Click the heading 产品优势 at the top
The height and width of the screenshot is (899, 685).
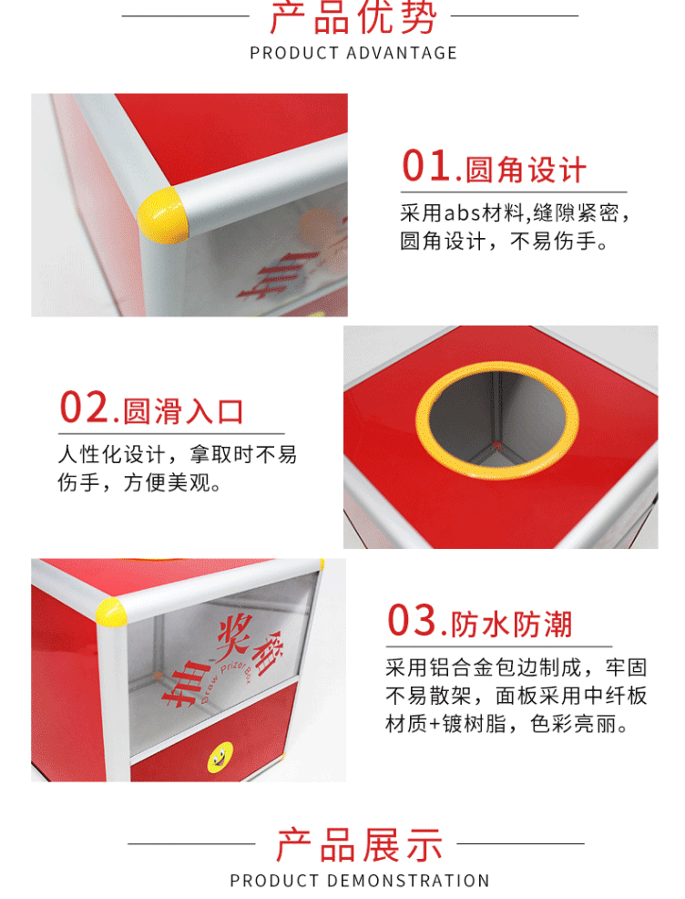pyautogui.click(x=353, y=17)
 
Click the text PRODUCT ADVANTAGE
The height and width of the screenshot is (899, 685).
pyautogui.click(x=353, y=53)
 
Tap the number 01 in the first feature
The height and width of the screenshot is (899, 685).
pyautogui.click(x=426, y=166)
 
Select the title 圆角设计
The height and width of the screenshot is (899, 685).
pyautogui.click(x=526, y=170)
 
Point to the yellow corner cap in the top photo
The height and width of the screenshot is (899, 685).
pyautogui.click(x=163, y=214)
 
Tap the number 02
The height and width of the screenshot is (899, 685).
pyautogui.click(x=85, y=408)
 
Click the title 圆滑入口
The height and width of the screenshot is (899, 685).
pyautogui.click(x=183, y=411)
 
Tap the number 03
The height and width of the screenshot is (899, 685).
pyautogui.click(x=412, y=620)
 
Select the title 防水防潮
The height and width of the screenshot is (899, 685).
pyautogui.click(x=511, y=625)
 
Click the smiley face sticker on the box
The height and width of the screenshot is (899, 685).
pyautogui.click(x=220, y=758)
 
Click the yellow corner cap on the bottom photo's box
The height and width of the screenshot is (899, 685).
pyautogui.click(x=111, y=613)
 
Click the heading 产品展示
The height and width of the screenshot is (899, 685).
pyautogui.click(x=359, y=845)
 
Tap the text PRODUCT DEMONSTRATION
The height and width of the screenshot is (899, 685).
pyautogui.click(x=360, y=881)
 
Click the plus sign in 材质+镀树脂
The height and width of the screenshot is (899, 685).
pyautogui.click(x=435, y=724)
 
